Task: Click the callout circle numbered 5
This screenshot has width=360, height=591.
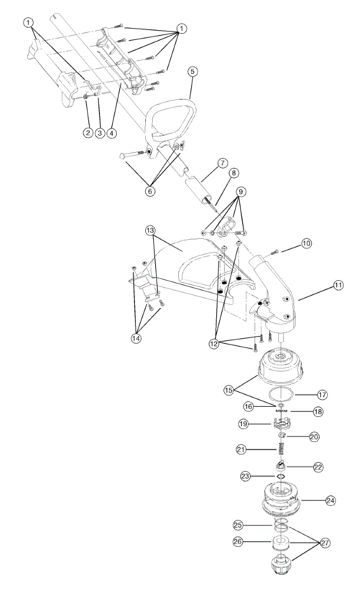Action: click(x=193, y=71)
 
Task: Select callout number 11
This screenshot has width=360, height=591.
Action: click(x=338, y=285)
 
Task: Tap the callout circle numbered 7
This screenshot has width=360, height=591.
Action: click(x=222, y=162)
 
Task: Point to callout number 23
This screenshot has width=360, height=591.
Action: click(x=245, y=476)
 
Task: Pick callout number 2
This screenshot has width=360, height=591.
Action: click(x=88, y=132)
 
